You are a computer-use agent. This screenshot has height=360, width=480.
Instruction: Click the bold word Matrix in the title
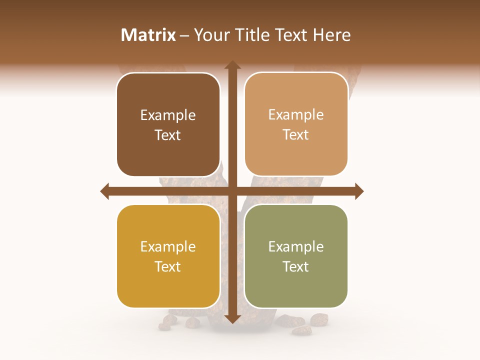tap(148, 35)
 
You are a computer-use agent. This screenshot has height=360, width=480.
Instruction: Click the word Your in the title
tap(209, 35)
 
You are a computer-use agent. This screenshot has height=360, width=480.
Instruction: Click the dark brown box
tap(168, 125)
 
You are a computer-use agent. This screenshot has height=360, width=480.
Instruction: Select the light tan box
tap(296, 124)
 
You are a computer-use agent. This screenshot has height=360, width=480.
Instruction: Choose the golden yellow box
tap(168, 256)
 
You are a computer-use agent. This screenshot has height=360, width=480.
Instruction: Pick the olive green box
tap(296, 256)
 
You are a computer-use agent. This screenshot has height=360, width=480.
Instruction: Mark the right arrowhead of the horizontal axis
tap(359, 191)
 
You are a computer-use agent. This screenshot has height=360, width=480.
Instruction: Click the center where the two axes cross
tap(232, 191)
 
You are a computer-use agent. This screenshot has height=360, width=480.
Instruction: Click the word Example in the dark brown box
tap(168, 115)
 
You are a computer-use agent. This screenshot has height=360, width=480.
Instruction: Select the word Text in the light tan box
tap(296, 135)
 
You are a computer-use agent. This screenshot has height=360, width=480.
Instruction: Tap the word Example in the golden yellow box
tap(168, 247)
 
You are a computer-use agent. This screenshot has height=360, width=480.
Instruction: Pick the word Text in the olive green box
tap(296, 266)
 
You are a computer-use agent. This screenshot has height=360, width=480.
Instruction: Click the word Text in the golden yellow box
tap(168, 266)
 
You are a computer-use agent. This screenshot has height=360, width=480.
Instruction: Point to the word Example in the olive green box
tap(296, 247)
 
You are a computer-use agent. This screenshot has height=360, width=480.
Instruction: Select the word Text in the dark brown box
tap(168, 135)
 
